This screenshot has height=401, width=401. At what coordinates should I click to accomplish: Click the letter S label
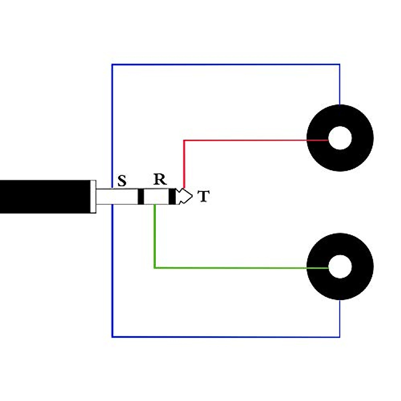pyautogui.click(x=122, y=181)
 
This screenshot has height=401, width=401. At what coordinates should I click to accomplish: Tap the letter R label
pyautogui.click(x=160, y=179)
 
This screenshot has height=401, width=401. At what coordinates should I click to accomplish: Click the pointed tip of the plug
pyautogui.click(x=191, y=196)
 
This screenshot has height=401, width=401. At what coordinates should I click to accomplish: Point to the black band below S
pyautogui.click(x=141, y=196)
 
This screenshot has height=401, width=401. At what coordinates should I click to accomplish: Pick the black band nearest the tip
pyautogui.click(x=172, y=196)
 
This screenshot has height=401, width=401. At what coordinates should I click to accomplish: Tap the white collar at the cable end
pyautogui.click(x=93, y=196)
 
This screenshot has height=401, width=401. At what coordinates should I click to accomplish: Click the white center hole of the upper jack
pyautogui.click(x=340, y=138)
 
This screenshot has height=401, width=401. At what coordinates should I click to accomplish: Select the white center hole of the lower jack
pyautogui.click(x=340, y=266)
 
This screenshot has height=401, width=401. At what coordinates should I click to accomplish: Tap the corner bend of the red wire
pyautogui.click(x=184, y=141)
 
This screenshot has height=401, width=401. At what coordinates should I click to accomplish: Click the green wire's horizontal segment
pyautogui.click(x=234, y=268)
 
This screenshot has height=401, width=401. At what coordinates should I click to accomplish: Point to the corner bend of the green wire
pyautogui.click(x=155, y=267)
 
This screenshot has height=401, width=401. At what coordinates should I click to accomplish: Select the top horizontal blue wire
pyautogui.click(x=226, y=64)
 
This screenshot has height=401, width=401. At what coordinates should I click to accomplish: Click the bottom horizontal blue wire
pyautogui.click(x=226, y=337)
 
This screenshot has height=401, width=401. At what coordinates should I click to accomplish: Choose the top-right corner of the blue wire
pyautogui.click(x=340, y=64)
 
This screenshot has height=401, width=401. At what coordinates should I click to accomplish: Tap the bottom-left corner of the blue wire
pyautogui.click(x=112, y=337)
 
